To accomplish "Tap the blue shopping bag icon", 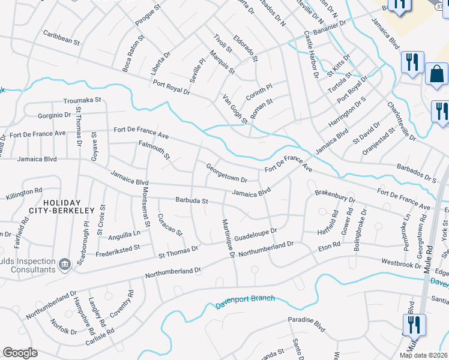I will [x=436, y=74].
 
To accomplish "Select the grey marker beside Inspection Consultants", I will [x=64, y=263].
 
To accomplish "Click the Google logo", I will [x=20, y=353].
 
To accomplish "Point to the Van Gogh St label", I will [x=235, y=110].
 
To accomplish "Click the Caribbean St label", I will [x=61, y=40].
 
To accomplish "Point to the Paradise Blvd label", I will [x=306, y=324].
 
